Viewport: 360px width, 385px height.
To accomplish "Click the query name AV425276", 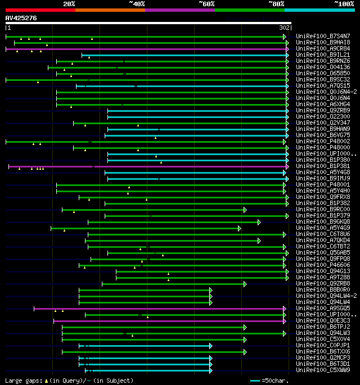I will tap(21, 18).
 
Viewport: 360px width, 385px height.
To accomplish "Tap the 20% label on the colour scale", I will tap(69, 3).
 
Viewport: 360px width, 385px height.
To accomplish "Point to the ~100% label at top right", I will tap(344, 3).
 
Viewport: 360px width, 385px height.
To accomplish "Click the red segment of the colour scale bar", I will tap(40, 10).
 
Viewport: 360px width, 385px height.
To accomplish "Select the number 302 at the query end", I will tap(284, 28).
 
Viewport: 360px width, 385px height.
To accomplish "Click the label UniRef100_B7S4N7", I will tap(322, 36).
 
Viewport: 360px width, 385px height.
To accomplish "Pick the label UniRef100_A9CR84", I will tap(322, 48).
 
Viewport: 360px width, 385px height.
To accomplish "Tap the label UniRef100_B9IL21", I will tap(322, 55).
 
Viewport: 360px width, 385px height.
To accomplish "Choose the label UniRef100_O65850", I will tap(322, 73).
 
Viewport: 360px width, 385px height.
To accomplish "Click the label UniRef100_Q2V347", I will tap(322, 123).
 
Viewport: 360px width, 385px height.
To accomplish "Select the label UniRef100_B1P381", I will tap(322, 166).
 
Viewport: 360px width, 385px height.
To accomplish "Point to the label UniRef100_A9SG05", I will tap(322, 308).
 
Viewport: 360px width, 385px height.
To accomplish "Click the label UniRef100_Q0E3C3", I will tap(322, 320).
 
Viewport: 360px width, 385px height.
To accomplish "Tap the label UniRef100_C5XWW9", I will tap(322, 370).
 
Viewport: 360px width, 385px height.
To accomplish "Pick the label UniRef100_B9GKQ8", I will tap(322, 221).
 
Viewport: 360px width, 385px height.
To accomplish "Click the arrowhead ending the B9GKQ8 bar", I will tap(259, 222).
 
